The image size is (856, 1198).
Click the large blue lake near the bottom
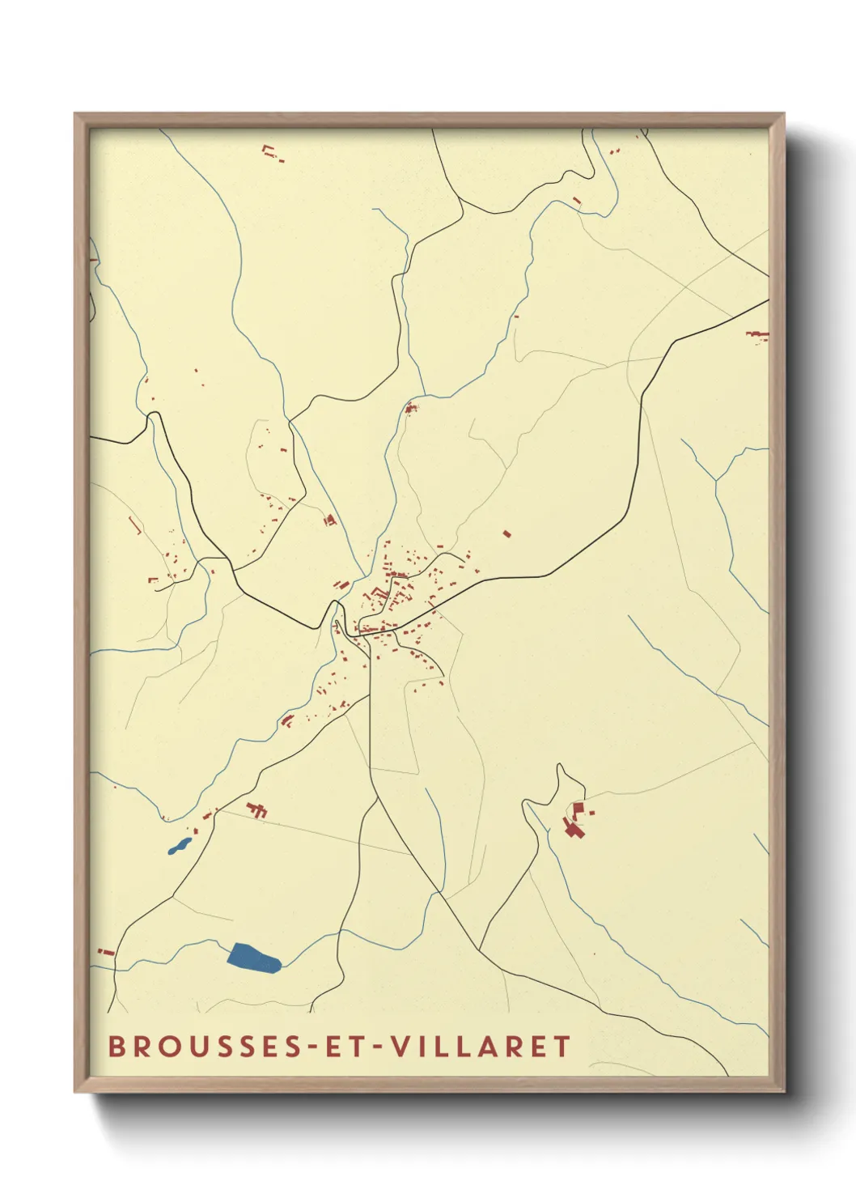253,958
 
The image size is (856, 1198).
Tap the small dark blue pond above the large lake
179,847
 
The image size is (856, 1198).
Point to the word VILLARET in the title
481,1047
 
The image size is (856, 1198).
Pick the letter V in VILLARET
400,1047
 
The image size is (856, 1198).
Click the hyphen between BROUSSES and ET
310,1047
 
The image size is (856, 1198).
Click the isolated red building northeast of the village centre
507,533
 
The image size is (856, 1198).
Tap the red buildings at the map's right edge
756,335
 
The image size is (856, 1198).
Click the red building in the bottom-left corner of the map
104,951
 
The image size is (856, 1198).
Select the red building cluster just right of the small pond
257,809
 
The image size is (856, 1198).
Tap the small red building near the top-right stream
577,200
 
